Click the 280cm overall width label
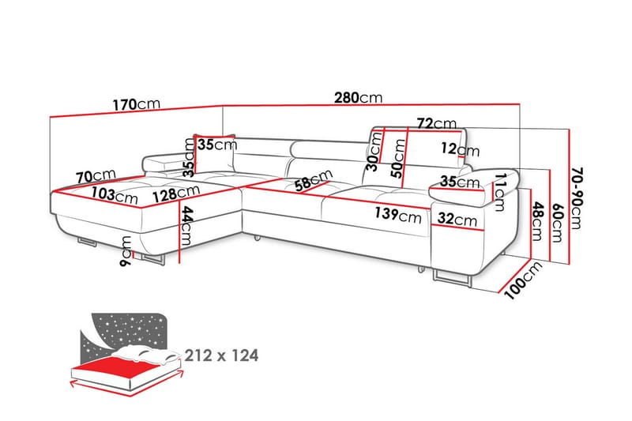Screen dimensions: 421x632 359,98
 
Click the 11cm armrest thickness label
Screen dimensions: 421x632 498,187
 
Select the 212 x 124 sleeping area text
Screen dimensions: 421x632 220,355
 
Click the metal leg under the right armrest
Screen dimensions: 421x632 450,277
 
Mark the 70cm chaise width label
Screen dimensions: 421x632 96,176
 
